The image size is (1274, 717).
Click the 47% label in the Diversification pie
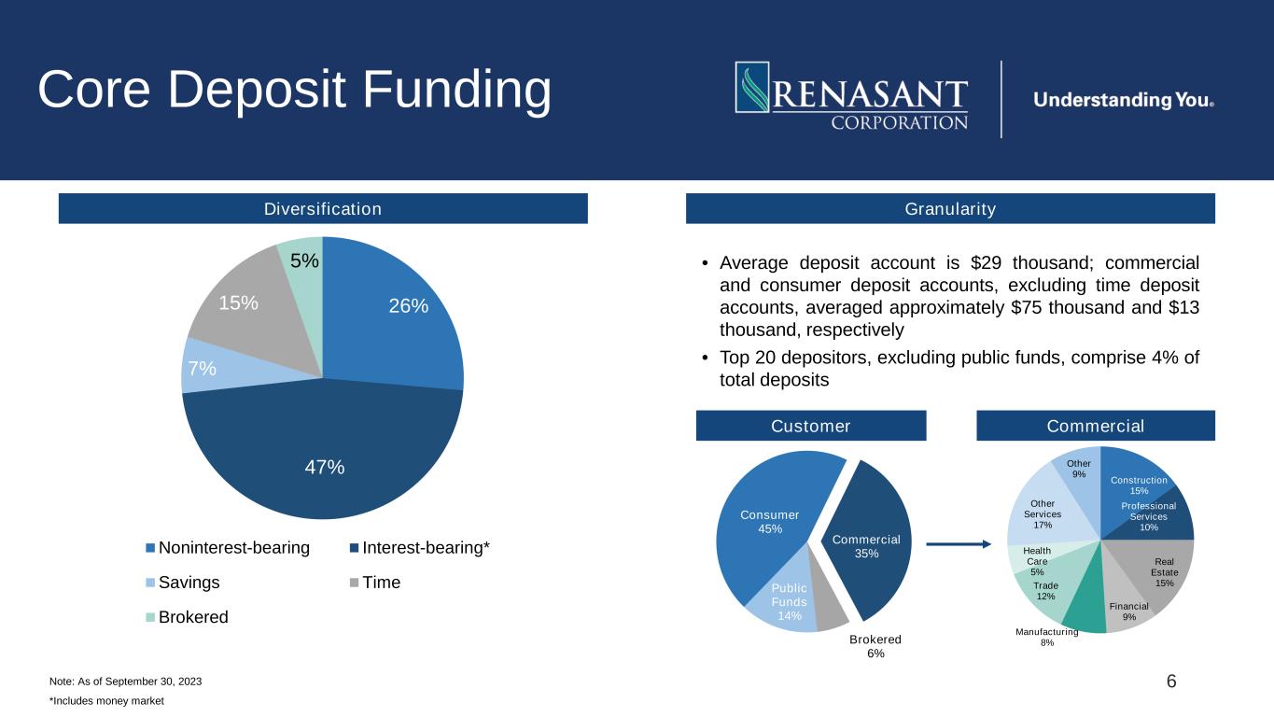pos(325,467)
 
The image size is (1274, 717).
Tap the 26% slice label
pos(409,306)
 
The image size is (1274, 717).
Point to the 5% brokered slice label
pos(304,260)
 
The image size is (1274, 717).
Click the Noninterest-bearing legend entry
pos(228,547)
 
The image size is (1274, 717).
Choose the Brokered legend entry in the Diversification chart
pos(187,617)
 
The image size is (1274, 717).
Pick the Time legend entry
pos(375,583)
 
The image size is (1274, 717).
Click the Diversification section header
pos(323,209)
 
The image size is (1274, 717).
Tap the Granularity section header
pos(950,209)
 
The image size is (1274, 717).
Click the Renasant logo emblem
pos(752,87)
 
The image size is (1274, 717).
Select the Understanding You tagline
pos(1124,100)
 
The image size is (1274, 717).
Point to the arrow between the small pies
pos(959,544)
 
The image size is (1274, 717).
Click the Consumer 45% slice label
pos(769,522)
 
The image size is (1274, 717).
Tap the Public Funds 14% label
pos(790,602)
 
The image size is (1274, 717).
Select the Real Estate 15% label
pos(1164,572)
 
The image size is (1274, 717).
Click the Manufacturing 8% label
pos(1047,638)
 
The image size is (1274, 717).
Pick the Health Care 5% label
pos(1037,561)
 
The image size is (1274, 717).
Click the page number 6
pos(1171,682)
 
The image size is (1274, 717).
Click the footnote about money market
pos(107,701)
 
